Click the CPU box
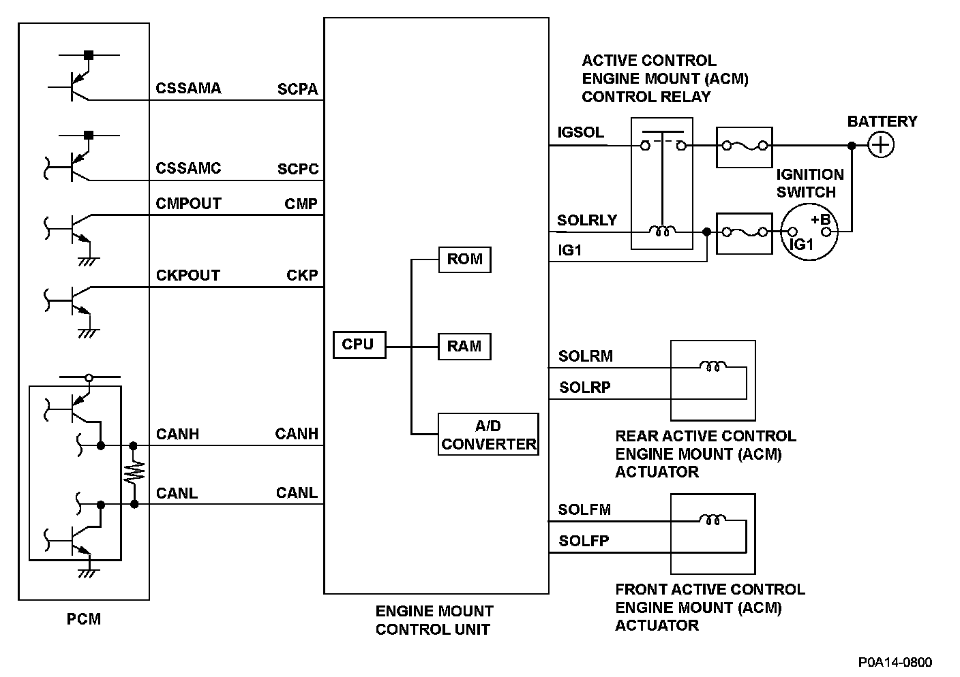pyautogui.click(x=359, y=345)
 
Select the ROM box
pyautogui.click(x=464, y=259)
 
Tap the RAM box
pyautogui.click(x=464, y=347)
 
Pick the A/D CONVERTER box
pyautogui.click(x=488, y=435)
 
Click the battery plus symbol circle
pyautogui.click(x=881, y=145)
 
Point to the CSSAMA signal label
pyautogui.click(x=188, y=89)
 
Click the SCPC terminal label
pyautogui.click(x=298, y=169)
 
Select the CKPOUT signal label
pyautogui.click(x=188, y=275)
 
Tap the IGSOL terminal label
pyautogui.click(x=580, y=132)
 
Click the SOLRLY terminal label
pyautogui.click(x=586, y=220)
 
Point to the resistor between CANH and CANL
pyautogui.click(x=134, y=473)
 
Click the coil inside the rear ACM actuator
pyautogui.click(x=712, y=368)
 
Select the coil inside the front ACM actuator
pyautogui.click(x=712, y=521)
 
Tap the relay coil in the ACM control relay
pyautogui.click(x=661, y=232)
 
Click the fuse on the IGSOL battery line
pyautogui.click(x=744, y=146)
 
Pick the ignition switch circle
pyautogui.click(x=809, y=232)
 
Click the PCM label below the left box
pyautogui.click(x=83, y=619)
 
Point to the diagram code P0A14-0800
pyautogui.click(x=895, y=662)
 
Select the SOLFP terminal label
pyautogui.click(x=584, y=541)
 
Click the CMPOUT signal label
pyautogui.click(x=188, y=204)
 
